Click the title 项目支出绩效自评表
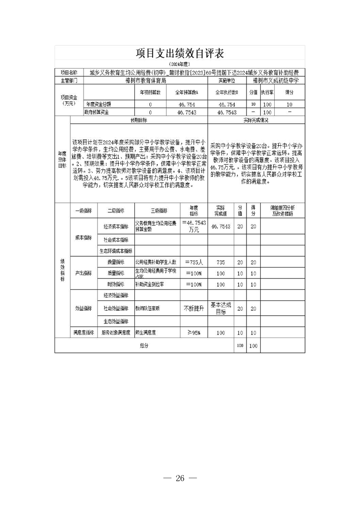pos(180,53)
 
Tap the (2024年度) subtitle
pos(180,64)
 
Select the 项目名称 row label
pos(69,72)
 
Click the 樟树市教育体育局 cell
pos(145,80)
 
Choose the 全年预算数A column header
pos(188,92)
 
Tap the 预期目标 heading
pos(139,120)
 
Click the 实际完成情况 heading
pos(256,120)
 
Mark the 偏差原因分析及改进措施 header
pos(282,210)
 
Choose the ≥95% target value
pos(194,333)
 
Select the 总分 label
pos(144,346)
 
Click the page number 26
pos(180,478)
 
